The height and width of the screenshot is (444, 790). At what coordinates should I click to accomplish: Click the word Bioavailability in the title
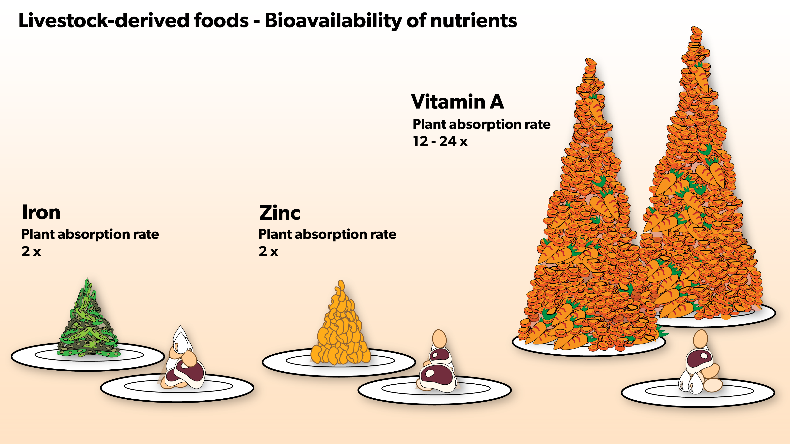point(333,21)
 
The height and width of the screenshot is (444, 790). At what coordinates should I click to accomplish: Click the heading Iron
point(41,212)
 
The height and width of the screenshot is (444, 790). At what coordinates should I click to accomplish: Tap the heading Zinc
point(280,213)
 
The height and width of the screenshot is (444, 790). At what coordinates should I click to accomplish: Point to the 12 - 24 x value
point(440,141)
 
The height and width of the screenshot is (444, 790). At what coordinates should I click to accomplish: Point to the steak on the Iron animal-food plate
point(189,372)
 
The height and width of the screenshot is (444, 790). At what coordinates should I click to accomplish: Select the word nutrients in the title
point(474,21)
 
